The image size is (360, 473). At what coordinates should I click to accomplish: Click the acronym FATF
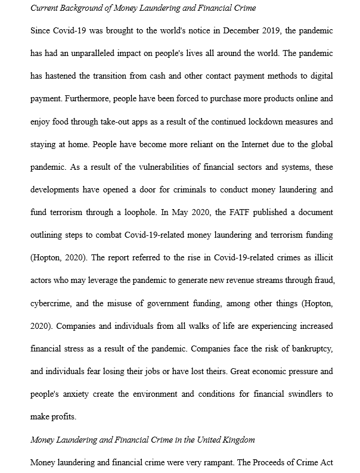(231, 213)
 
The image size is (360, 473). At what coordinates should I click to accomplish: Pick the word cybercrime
(52, 303)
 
